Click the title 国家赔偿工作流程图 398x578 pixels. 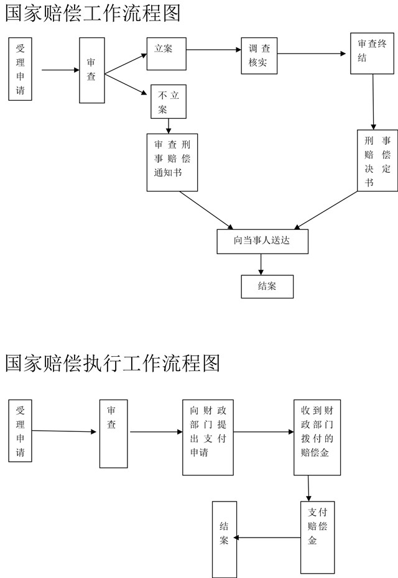(x=93, y=13)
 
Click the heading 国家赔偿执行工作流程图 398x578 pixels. (x=113, y=363)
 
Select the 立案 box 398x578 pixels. (x=167, y=54)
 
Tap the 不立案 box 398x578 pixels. (x=169, y=102)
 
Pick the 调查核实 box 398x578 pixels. (x=259, y=56)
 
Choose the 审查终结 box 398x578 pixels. (x=372, y=53)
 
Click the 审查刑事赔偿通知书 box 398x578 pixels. (x=172, y=162)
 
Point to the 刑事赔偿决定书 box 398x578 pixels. (x=377, y=160)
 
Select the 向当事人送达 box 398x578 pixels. (x=262, y=241)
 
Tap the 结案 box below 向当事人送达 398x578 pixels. (x=267, y=286)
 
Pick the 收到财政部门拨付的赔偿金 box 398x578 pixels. (x=317, y=438)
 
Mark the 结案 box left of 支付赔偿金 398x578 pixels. (x=224, y=539)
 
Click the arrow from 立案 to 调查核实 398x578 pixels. (x=214, y=49)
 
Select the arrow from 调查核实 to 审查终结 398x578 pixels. (x=312, y=54)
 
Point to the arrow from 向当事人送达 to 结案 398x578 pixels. (x=261, y=264)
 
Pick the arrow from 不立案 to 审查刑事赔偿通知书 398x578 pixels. (x=169, y=126)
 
